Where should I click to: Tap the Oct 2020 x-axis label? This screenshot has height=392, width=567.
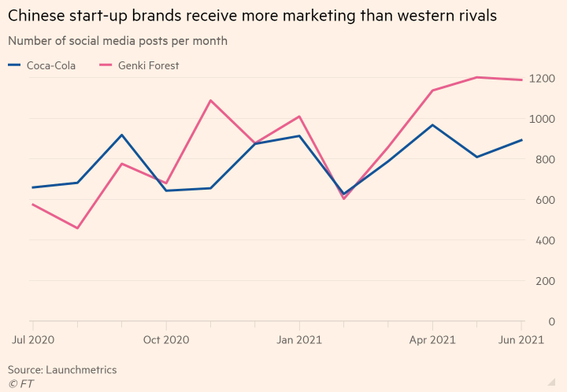[166, 340]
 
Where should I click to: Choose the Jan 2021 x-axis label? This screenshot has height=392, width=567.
[299, 340]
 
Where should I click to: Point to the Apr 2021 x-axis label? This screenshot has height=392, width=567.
[432, 340]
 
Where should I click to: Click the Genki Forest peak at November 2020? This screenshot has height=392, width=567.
[210, 100]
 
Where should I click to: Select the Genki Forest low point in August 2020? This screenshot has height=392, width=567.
[77, 228]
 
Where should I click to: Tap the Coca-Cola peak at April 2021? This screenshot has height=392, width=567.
[432, 125]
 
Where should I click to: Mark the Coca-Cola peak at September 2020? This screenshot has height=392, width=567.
[121, 135]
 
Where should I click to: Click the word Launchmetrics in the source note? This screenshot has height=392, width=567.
[83, 369]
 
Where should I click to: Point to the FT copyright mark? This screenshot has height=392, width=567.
[21, 383]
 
